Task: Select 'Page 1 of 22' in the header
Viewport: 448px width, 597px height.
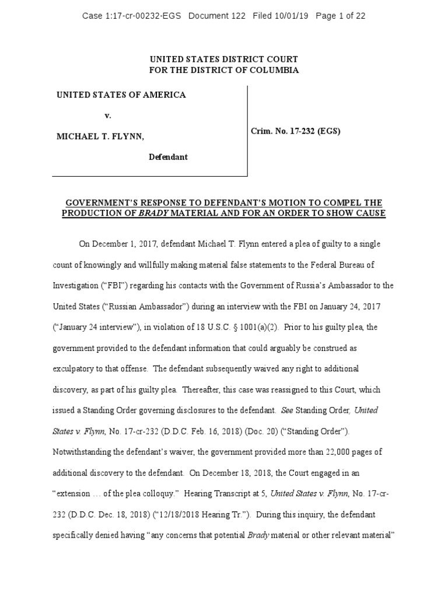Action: point(341,16)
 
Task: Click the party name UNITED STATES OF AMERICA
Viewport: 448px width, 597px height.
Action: point(121,95)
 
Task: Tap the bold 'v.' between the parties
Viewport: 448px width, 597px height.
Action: point(108,115)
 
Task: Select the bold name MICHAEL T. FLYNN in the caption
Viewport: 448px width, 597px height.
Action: point(100,136)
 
